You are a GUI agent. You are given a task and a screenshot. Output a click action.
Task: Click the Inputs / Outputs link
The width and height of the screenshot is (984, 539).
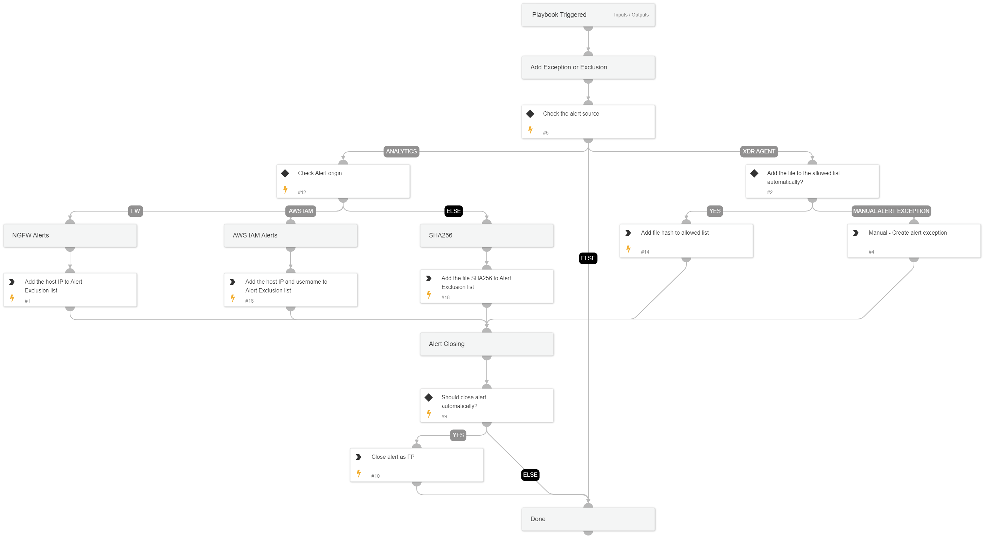click(631, 15)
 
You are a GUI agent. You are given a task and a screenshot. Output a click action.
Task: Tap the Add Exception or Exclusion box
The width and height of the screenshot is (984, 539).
click(588, 67)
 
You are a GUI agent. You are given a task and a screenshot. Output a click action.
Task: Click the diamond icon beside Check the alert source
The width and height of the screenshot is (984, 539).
click(530, 114)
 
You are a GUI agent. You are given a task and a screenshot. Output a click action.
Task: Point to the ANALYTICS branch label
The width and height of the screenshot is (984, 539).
click(401, 152)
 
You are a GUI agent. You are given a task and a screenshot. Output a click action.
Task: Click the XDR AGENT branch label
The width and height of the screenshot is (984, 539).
click(758, 152)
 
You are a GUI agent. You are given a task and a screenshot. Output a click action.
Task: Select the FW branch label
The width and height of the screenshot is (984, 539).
click(135, 211)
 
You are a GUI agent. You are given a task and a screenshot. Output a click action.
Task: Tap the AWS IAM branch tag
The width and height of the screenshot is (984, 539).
click(300, 211)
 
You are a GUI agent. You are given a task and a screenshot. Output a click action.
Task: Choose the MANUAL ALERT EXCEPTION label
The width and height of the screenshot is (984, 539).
click(891, 211)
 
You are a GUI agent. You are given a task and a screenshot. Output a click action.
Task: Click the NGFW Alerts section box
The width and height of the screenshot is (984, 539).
click(70, 236)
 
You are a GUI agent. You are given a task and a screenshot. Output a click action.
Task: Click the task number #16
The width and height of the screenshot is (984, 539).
click(249, 301)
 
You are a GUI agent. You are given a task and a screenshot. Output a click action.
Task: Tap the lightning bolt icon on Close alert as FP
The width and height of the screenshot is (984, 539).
click(359, 474)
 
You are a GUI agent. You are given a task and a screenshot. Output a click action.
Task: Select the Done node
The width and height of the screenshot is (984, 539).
click(588, 519)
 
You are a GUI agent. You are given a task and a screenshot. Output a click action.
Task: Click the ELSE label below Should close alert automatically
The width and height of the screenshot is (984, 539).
click(530, 475)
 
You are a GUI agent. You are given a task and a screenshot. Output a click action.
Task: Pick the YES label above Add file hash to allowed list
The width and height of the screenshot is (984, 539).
click(714, 211)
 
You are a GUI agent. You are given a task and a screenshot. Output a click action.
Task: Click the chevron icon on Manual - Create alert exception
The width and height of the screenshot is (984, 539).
click(855, 233)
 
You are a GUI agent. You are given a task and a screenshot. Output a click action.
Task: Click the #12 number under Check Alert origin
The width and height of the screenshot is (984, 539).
click(302, 193)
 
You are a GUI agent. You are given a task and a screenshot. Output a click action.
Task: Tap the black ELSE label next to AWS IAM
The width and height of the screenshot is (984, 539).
click(453, 211)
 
